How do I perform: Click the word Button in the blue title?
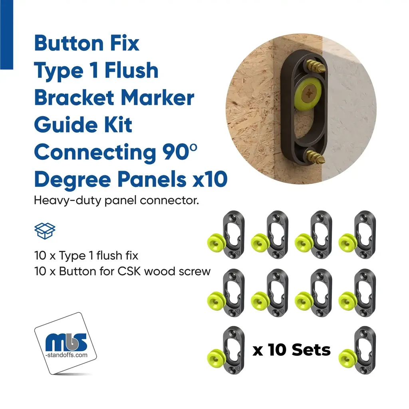pos(69,43)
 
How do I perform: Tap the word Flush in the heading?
pos(131,70)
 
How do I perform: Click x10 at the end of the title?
pos(210,179)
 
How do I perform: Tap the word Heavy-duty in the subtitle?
pos(67,201)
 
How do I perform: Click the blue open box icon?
pos(45,231)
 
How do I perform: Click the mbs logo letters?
pos(66,342)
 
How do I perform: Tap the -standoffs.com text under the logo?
pos(67,355)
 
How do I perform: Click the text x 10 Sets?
pos(291,350)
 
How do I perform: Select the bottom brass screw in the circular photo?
pos(316,157)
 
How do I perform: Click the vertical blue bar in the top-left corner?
pos(6,35)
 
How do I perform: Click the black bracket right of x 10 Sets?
pos(365,350)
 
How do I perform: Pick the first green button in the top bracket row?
pos(216,242)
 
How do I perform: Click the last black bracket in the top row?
pos(365,235)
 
